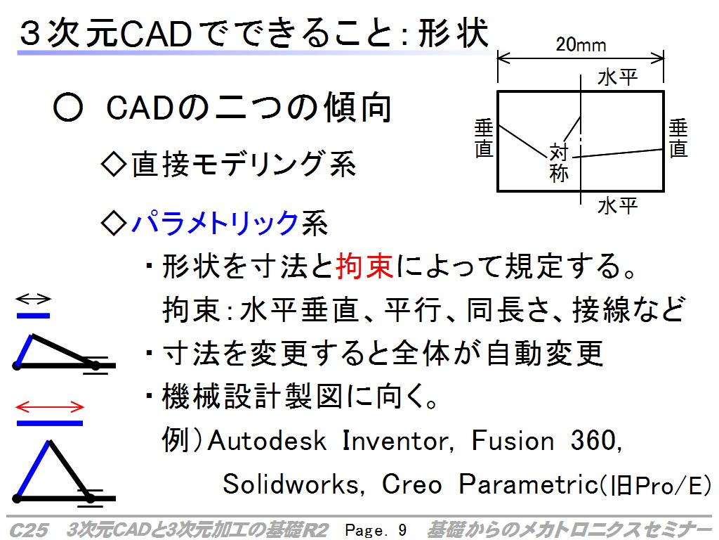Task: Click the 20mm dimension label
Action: (581, 45)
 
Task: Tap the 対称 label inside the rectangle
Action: (559, 162)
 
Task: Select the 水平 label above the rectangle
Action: (617, 77)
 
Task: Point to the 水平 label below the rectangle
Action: (617, 206)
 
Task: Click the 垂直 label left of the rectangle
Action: (484, 138)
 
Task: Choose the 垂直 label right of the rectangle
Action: (678, 138)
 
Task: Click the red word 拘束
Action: (364, 266)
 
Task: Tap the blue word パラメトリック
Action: (215, 223)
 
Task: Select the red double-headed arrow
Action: (50, 407)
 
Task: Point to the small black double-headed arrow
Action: (33, 299)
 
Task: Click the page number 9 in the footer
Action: (402, 530)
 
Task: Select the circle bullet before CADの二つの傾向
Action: (68, 108)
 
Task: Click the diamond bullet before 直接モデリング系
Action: (113, 164)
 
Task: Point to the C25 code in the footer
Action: (28, 530)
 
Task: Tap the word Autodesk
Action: (267, 440)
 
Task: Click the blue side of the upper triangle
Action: (25, 351)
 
